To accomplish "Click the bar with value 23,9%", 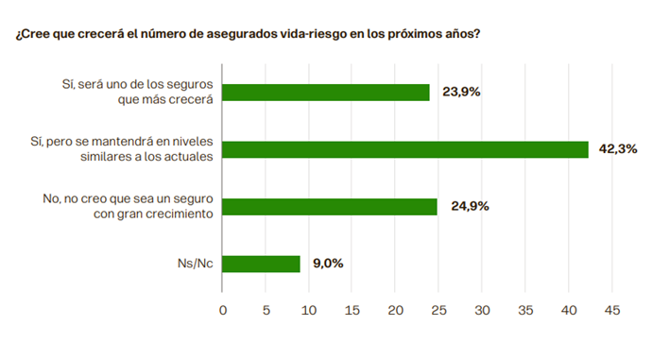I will [x=326, y=93].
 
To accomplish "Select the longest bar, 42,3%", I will [x=405, y=149].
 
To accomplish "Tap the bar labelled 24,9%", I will [x=330, y=206].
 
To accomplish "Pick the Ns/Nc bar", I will [x=262, y=264].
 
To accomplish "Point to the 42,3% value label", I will [x=619, y=149].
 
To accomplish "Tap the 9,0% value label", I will [x=326, y=264].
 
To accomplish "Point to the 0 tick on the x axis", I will [x=223, y=310].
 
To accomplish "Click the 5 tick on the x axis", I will [x=266, y=310].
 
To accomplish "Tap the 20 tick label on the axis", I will [x=395, y=310].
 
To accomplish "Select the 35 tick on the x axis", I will [x=525, y=310].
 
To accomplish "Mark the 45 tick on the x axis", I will [x=611, y=310].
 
